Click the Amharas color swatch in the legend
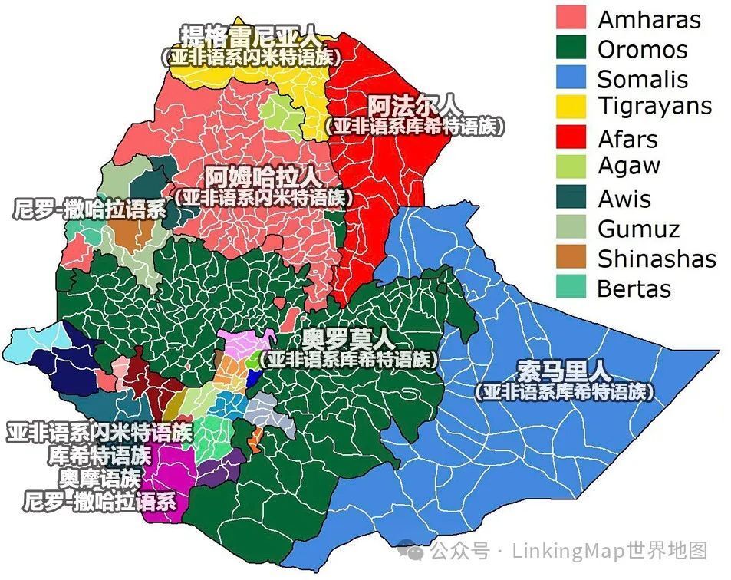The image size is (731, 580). coord(571,18)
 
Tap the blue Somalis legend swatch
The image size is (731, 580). coord(571,78)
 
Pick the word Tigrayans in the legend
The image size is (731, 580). coord(654,106)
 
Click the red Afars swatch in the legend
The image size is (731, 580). coord(571,138)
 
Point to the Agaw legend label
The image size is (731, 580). coord(629,166)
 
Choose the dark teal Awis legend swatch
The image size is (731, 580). coord(571,198)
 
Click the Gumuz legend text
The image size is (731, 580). coord(638,228)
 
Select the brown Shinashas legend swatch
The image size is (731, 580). coord(571,258)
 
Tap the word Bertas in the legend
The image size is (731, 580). coord(634,288)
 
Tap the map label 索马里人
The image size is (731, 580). coord(564,371)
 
